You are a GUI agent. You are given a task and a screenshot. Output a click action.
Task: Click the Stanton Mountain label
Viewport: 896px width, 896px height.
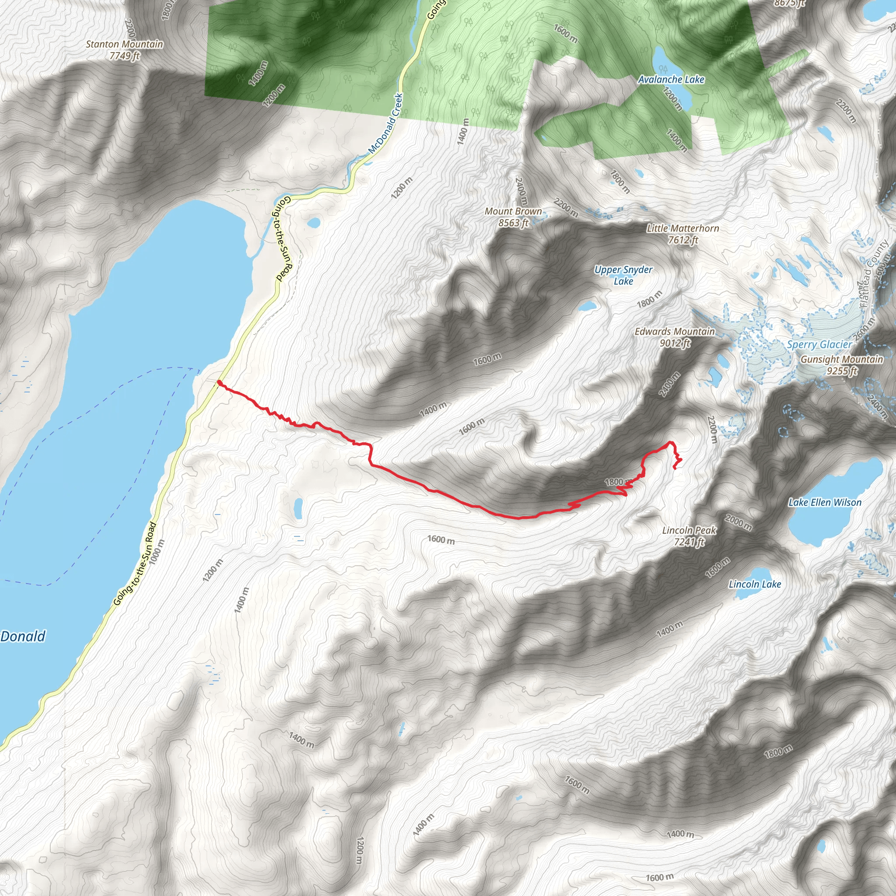tap(124, 45)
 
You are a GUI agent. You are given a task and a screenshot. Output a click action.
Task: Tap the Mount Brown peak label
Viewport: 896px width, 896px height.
tap(513, 211)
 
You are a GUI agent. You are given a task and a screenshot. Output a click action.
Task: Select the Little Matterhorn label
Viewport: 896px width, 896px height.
tap(682, 228)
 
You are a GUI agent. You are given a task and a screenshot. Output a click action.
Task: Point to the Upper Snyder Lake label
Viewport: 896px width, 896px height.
tap(623, 275)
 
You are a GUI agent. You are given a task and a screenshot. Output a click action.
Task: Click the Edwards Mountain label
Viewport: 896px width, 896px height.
tap(674, 332)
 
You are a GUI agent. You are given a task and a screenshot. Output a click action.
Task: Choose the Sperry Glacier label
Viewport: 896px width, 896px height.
tap(819, 345)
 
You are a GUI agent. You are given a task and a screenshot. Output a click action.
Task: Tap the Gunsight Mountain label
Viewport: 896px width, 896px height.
tap(842, 360)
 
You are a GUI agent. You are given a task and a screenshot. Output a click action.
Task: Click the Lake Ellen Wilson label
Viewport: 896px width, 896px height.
tap(825, 502)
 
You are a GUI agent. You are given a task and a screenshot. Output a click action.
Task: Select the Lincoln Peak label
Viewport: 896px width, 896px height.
tap(689, 530)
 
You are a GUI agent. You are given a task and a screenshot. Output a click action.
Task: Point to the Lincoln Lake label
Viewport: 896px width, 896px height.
tap(755, 584)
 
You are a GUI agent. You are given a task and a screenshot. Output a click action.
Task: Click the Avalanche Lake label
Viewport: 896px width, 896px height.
tap(671, 80)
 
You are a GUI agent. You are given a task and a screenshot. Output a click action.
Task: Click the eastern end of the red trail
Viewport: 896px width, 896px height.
tap(673, 469)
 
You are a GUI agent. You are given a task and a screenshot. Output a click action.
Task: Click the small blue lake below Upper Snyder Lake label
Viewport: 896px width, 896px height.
tap(587, 306)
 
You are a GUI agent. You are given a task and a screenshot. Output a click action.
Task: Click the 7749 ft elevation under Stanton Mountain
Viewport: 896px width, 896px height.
tap(124, 56)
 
